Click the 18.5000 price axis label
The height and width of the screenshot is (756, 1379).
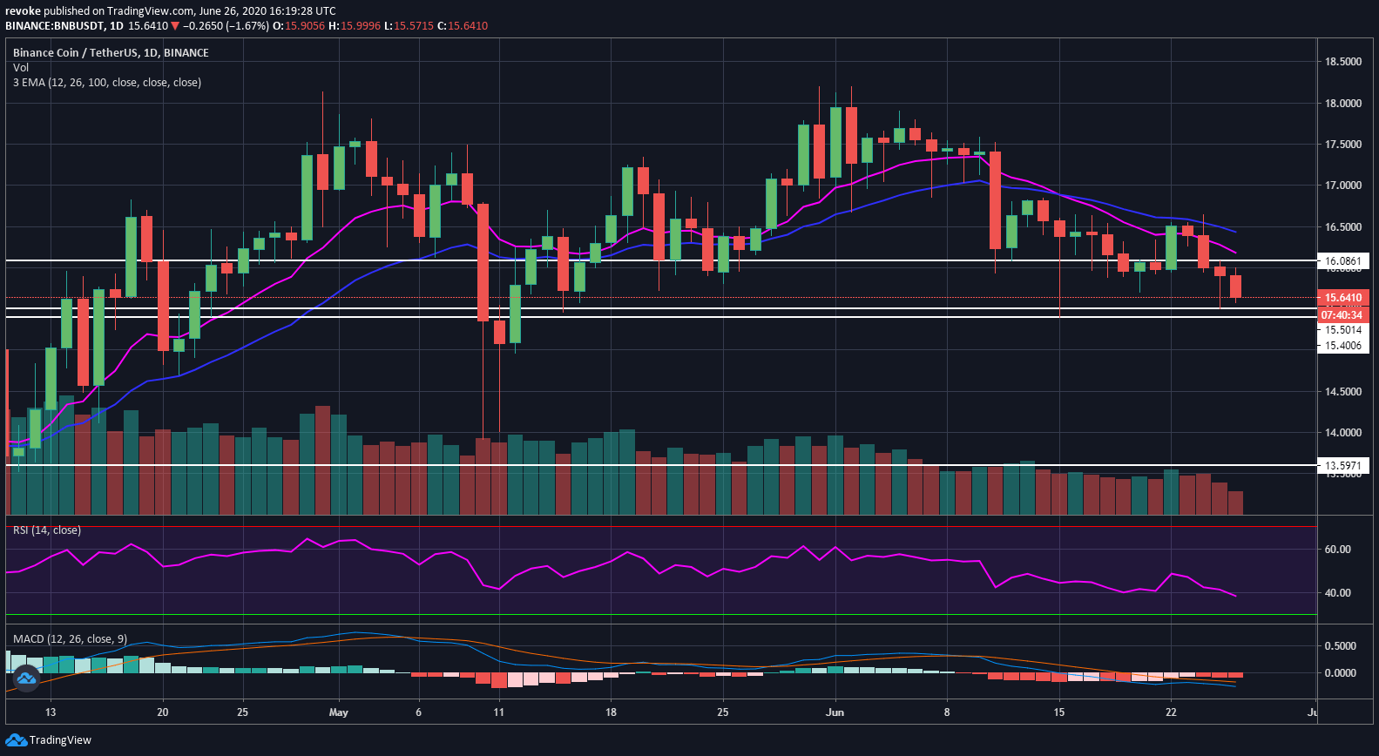(1342, 62)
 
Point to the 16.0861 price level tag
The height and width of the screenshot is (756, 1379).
(1342, 261)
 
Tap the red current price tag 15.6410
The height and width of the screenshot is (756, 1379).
(1342, 298)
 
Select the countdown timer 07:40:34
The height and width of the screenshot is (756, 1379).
(1342, 314)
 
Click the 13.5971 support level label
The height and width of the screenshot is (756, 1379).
(1342, 466)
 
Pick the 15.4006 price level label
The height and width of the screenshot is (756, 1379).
(1342, 346)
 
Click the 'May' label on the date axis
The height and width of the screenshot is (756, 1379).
(339, 712)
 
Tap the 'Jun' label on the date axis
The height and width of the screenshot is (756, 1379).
(835, 712)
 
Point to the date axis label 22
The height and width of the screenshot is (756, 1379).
(1171, 712)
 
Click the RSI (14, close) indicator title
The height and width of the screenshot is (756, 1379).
(47, 530)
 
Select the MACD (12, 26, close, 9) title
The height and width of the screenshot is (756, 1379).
(70, 639)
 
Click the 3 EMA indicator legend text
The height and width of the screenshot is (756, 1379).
(107, 83)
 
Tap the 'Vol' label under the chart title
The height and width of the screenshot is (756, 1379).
(21, 68)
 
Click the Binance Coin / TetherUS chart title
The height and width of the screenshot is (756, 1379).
(111, 53)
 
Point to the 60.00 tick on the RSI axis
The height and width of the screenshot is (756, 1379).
(1337, 550)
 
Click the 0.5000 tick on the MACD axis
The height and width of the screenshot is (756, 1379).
(1340, 646)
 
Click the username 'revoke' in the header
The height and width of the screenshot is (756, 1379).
(23, 11)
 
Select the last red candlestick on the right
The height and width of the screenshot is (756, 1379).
(1235, 286)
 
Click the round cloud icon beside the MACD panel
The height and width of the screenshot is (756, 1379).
(25, 677)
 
